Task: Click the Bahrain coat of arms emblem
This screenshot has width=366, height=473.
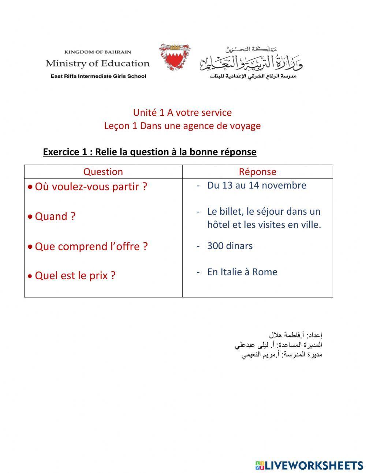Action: coord(174,57)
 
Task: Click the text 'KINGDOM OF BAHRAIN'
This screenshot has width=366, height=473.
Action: coord(98,52)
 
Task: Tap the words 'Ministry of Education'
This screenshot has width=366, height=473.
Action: coord(98,63)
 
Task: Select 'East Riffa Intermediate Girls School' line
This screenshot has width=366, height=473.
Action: coord(98,76)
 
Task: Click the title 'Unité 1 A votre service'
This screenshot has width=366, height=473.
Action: coord(182,112)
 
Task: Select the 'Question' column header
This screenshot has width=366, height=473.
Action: coord(103,171)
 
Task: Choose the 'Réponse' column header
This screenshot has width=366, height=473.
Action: coord(257,171)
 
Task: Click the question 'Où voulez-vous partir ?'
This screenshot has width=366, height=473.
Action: coord(91,186)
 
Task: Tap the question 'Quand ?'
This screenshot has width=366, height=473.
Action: coord(55,216)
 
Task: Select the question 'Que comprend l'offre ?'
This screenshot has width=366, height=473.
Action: coord(91,246)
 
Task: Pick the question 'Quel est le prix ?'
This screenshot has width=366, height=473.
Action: coord(75,276)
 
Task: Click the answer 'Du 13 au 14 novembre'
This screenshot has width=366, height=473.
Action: coord(257,185)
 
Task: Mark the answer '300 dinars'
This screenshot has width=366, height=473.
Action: coord(230,245)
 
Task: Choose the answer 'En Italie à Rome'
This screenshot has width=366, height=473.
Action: coord(242,272)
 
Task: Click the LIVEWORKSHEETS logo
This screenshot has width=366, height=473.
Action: coord(309,465)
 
